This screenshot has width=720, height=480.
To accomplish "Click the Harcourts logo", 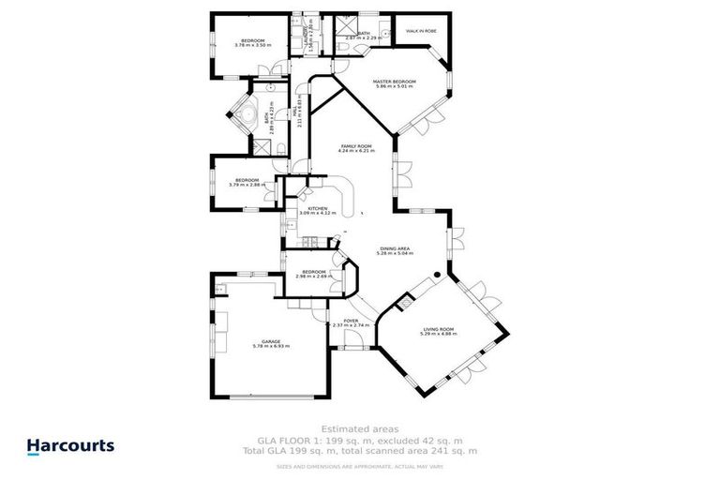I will (x=70, y=446).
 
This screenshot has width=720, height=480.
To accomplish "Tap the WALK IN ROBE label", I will (x=422, y=31).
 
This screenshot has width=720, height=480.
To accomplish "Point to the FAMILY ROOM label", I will (x=356, y=146).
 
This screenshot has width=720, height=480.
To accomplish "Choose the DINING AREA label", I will (x=394, y=247).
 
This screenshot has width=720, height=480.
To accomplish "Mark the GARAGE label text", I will (x=271, y=341).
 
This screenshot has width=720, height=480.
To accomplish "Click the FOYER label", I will (x=350, y=321).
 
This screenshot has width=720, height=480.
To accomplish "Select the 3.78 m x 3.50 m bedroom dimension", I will (x=252, y=45).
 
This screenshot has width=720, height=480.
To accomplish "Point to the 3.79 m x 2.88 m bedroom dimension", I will (x=247, y=185).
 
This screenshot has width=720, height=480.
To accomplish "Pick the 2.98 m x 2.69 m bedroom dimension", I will (x=313, y=277).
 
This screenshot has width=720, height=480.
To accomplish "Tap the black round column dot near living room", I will (x=435, y=276).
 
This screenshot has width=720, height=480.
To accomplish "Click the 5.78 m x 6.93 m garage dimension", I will (x=271, y=347).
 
